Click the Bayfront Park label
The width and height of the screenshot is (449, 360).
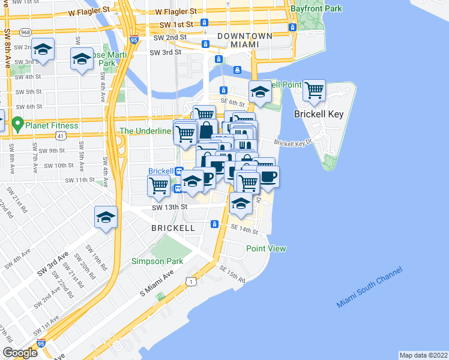(x=316, y=9)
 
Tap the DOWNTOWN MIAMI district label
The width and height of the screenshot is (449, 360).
(x=246, y=40)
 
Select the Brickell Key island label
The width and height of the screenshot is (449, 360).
(x=318, y=114)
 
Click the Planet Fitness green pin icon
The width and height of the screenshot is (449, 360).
(x=17, y=125)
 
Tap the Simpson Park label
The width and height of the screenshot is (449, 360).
(x=157, y=261)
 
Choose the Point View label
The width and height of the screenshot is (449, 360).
(x=266, y=248)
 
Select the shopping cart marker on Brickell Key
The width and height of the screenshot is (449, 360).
(x=314, y=91)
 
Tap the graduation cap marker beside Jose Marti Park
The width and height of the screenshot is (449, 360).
(x=81, y=59)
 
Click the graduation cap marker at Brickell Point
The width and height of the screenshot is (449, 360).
(x=260, y=92)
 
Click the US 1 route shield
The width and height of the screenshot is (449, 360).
(x=190, y=281)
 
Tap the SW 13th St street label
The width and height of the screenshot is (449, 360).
(x=170, y=206)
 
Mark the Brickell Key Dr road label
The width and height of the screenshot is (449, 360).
(x=294, y=143)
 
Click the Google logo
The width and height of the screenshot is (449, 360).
(x=20, y=353)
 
